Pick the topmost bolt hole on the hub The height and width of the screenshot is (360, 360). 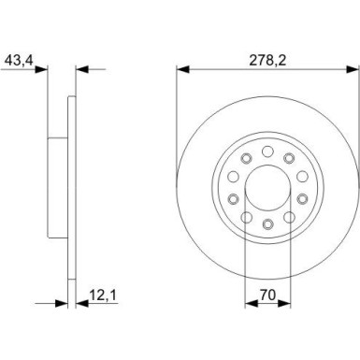[266, 151]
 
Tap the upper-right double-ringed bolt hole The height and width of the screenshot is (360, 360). [288, 158]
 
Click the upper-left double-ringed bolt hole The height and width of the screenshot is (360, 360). [245, 158]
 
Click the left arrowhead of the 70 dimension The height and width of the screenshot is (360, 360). [247, 304]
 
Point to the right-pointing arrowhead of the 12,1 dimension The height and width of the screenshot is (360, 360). [63, 304]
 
